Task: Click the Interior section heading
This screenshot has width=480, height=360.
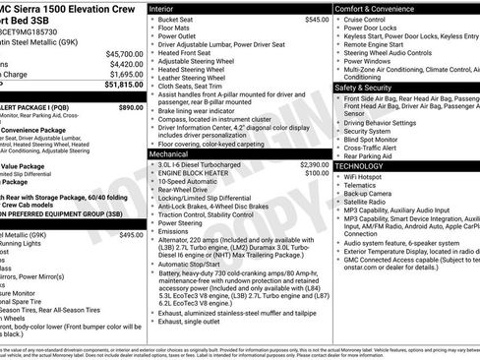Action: [x=169, y=8]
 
